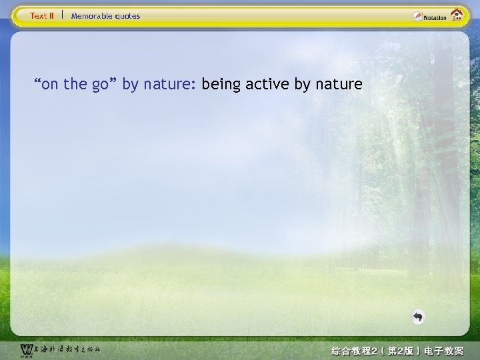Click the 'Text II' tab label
pyautogui.click(x=42, y=16)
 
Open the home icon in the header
pyautogui.click(x=457, y=15)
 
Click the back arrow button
pyautogui.click(x=417, y=317)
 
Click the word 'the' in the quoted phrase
pyautogui.click(x=76, y=85)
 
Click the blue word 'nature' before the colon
pyautogui.click(x=167, y=85)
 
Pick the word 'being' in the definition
pyautogui.click(x=221, y=85)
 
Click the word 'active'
pyautogui.click(x=268, y=85)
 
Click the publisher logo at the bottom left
pyautogui.click(x=26, y=349)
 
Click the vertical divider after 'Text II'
pyautogui.click(x=62, y=15)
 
